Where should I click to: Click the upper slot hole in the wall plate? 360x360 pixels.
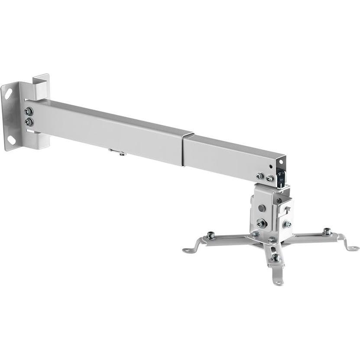(8, 92)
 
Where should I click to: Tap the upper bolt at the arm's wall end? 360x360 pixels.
(29, 111)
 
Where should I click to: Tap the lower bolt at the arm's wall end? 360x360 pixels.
(29, 122)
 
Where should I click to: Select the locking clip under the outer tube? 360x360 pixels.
(117, 152)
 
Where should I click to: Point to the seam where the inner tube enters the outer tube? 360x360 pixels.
(183, 149)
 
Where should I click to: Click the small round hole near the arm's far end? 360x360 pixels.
(271, 166)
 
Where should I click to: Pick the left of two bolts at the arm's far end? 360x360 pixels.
(260, 176)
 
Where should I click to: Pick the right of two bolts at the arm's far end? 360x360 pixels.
(269, 178)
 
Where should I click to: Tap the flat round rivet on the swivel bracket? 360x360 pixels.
(261, 208)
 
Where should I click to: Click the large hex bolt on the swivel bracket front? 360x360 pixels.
(261, 223)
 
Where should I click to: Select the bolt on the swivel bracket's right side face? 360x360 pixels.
(287, 224)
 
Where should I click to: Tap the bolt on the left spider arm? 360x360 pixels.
(211, 235)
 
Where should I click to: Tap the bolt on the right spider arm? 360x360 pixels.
(328, 231)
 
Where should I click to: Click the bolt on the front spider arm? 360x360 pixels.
(275, 257)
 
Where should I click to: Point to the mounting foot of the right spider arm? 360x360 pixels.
(353, 248)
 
